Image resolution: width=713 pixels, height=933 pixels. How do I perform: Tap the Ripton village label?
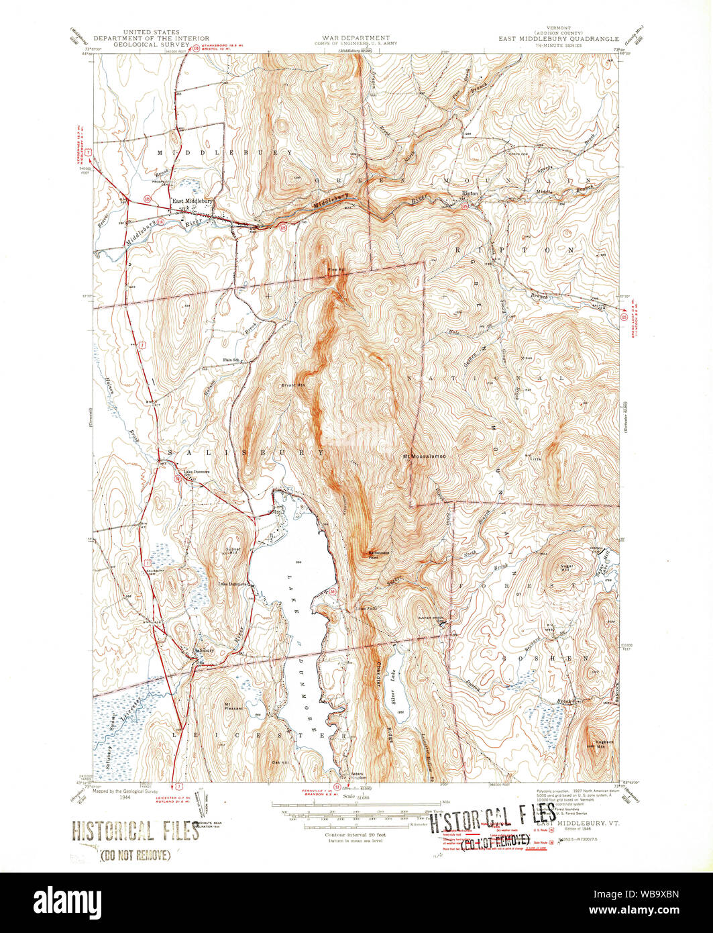pyautogui.click(x=470, y=193)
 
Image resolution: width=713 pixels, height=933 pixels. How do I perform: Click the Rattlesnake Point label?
pyautogui.click(x=379, y=555)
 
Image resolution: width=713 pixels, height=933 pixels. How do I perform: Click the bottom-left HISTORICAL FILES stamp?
pyautogui.click(x=135, y=832)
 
